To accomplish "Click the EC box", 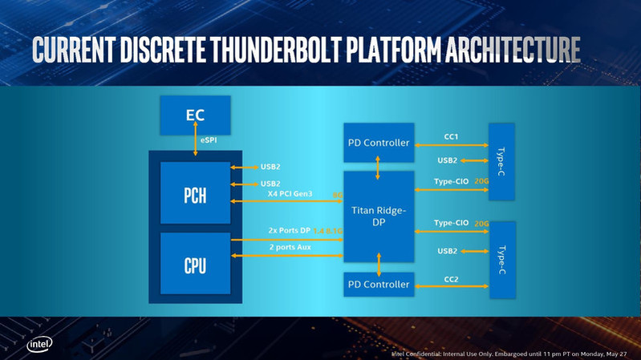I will coord(195,115).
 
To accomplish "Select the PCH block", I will coord(195,192).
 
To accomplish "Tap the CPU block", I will coord(195,265).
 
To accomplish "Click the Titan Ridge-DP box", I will coord(379,216).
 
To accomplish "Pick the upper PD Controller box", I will coord(379,144).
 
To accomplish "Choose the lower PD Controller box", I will coord(379,285).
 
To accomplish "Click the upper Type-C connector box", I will coord(501,161).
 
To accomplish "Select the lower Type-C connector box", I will coord(501,260).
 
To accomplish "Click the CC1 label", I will coord(451,136).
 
